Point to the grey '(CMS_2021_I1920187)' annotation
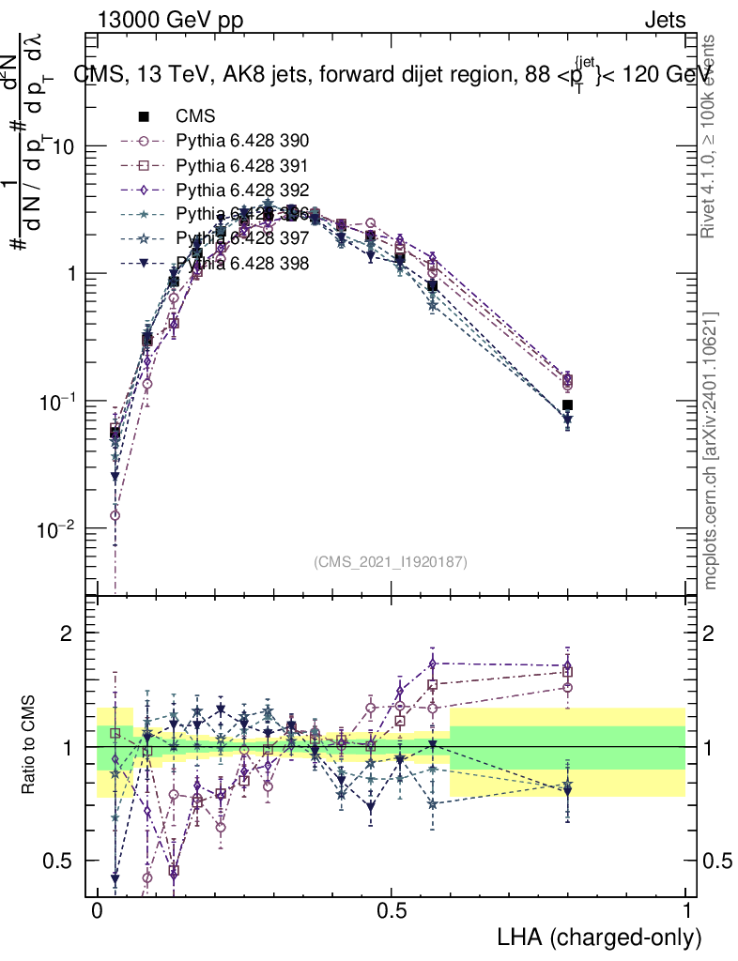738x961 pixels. click(391, 561)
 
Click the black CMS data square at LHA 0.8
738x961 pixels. click(567, 405)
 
